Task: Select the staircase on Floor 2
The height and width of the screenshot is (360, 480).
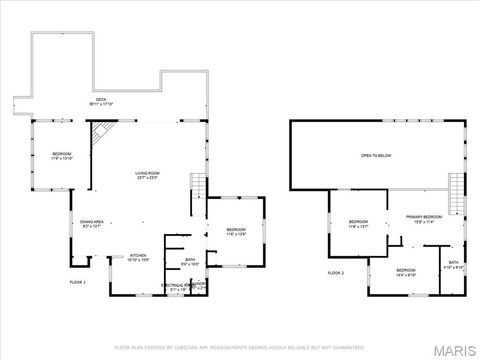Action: pyautogui.click(x=456, y=192)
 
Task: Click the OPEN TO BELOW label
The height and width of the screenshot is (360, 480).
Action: pyautogui.click(x=374, y=156)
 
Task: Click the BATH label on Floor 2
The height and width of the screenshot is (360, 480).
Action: pyautogui.click(x=453, y=265)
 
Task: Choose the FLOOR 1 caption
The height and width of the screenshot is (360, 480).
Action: pyautogui.click(x=78, y=283)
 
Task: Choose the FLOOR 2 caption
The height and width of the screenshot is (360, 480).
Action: pyautogui.click(x=335, y=273)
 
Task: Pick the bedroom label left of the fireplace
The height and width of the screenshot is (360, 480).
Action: pyautogui.click(x=62, y=155)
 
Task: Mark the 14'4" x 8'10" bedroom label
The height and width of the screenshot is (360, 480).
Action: pyautogui.click(x=405, y=272)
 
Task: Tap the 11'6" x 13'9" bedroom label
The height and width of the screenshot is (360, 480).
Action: pyautogui.click(x=236, y=232)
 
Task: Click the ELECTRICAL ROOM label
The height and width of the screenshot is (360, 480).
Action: pyautogui.click(x=178, y=286)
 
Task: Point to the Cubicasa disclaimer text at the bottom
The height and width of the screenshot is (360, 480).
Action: pyautogui.click(x=240, y=348)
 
